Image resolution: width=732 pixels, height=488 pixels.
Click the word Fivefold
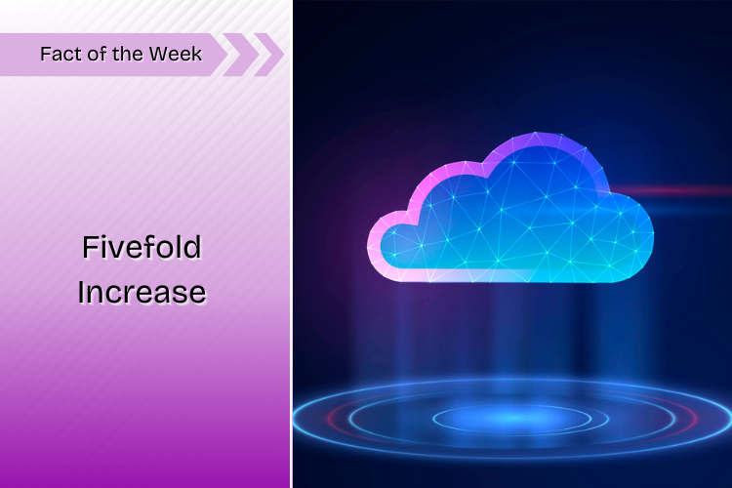pos(142,247)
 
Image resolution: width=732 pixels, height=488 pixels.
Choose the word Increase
pos(142,293)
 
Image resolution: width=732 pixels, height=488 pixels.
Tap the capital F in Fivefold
pos(90,247)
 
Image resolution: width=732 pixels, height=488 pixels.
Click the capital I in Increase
pos(81,293)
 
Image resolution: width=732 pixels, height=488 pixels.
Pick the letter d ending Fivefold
pos(194,247)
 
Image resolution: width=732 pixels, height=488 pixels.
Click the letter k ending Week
pos(197,55)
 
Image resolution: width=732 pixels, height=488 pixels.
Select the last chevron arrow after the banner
pos(268,55)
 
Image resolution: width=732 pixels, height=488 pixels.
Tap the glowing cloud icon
pos(510,208)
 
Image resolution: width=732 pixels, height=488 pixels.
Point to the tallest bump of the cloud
pos(537,141)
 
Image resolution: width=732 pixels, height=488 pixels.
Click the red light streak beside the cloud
pos(672,191)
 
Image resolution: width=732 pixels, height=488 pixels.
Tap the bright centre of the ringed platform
pos(511,418)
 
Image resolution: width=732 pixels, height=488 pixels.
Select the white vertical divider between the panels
pos(291,244)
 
